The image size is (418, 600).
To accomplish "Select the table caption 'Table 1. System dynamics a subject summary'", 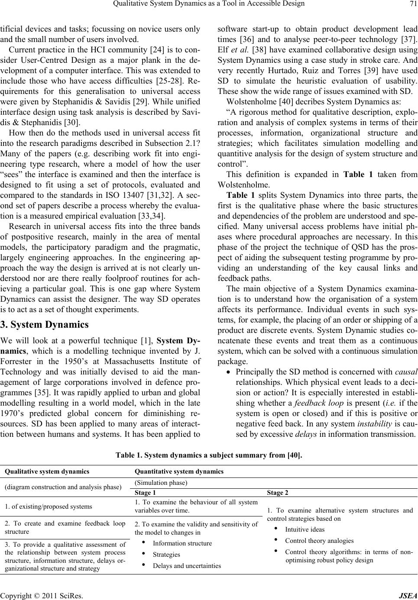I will (209, 455).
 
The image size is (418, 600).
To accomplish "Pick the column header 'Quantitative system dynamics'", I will (179, 471).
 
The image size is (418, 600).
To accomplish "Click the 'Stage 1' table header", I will (146, 493).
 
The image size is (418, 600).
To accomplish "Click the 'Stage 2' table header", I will (278, 493).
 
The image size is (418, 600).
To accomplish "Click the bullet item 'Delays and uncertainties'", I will (187, 566).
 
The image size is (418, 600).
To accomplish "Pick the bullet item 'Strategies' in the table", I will (166, 555).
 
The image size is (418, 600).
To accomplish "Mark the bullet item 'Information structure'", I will (182, 543).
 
